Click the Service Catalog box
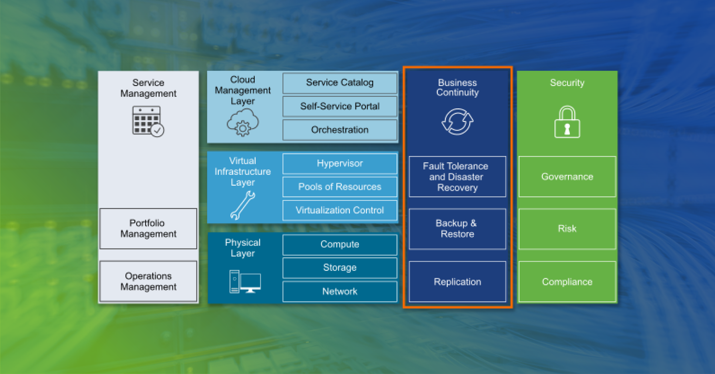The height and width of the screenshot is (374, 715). (x=340, y=83)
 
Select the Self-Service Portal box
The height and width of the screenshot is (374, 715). (x=340, y=107)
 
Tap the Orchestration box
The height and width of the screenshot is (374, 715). (x=340, y=130)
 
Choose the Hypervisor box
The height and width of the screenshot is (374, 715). (x=340, y=164)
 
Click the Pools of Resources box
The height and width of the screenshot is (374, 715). (x=340, y=187)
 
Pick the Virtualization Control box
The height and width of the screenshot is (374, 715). (x=340, y=211)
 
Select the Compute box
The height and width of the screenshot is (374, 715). (x=340, y=245)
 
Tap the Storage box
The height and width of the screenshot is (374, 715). (x=340, y=268)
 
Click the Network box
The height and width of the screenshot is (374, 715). (x=340, y=292)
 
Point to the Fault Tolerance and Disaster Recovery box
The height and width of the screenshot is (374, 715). (x=457, y=177)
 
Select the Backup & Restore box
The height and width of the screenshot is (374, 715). (x=457, y=229)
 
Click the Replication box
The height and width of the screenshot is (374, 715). (x=457, y=282)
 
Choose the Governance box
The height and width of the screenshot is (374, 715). (x=567, y=177)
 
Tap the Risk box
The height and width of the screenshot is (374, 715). (x=567, y=229)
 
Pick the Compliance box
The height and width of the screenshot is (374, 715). (x=567, y=282)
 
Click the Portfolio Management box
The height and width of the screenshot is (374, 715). (x=148, y=229)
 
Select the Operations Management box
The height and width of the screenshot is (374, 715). (x=148, y=281)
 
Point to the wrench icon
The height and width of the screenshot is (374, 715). (x=243, y=205)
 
